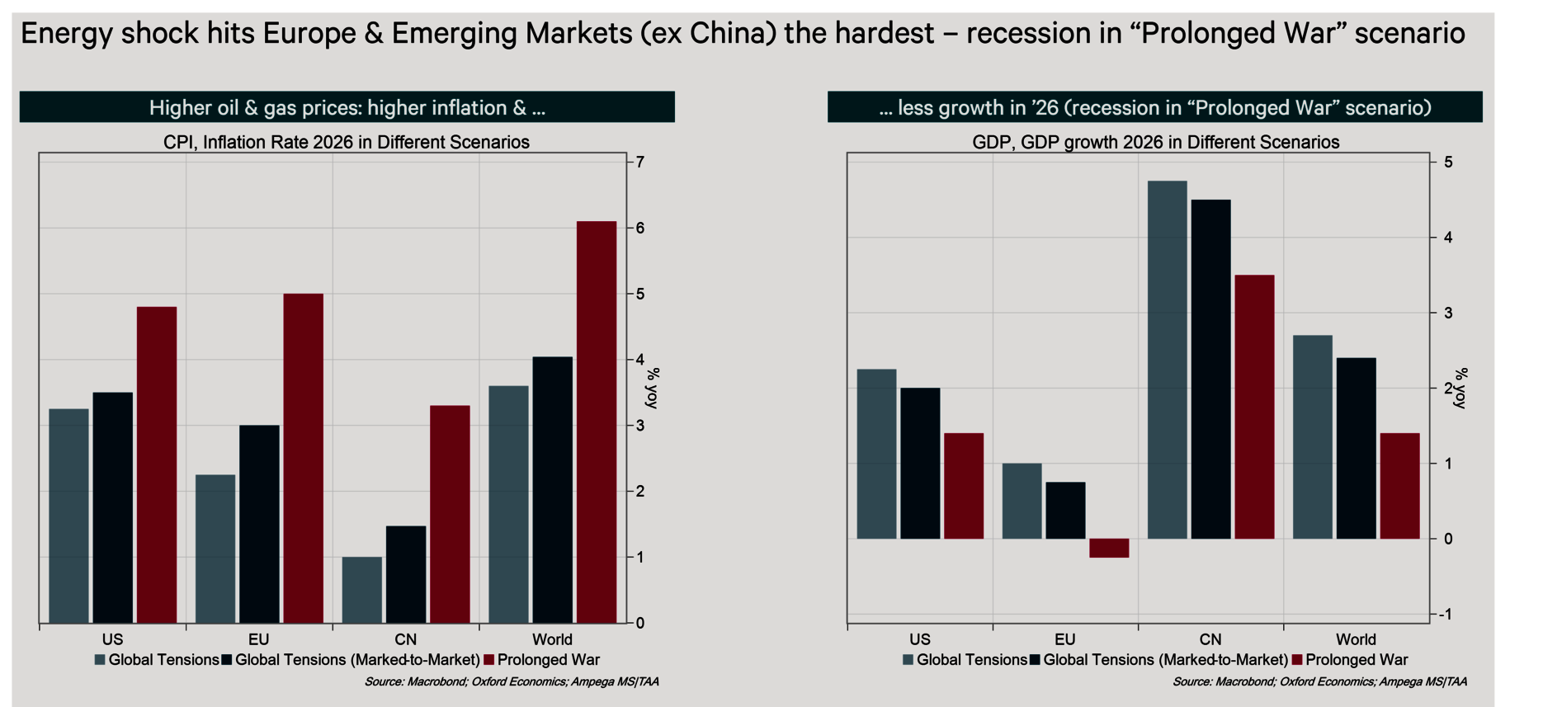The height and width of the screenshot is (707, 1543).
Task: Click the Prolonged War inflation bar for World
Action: click(x=597, y=422)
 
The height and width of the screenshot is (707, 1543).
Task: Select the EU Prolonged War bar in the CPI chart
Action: click(x=303, y=458)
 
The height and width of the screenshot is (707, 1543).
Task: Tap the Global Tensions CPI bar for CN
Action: click(x=362, y=590)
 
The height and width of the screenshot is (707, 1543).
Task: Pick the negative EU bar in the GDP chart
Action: click(x=1109, y=549)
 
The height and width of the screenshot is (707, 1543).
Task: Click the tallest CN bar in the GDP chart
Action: click(x=1167, y=360)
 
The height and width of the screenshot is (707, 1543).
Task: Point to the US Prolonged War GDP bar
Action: click(x=964, y=486)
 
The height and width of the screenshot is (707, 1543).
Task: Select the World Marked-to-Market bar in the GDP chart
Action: click(x=1356, y=448)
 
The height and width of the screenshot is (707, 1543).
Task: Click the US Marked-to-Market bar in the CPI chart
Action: click(x=113, y=507)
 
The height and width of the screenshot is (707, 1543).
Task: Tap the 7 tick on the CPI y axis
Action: click(x=640, y=163)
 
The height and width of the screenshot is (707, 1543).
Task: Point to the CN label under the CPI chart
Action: click(x=405, y=639)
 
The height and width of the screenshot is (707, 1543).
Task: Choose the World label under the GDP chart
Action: click(x=1356, y=639)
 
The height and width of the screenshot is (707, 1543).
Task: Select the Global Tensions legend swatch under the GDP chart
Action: click(x=908, y=660)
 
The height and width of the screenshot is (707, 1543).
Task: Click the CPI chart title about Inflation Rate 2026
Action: click(x=347, y=142)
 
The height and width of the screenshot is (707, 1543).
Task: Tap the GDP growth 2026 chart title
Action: click(x=1155, y=142)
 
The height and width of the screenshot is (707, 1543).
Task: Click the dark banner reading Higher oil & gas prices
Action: click(x=347, y=107)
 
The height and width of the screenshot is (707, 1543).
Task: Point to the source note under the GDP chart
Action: click(x=1319, y=682)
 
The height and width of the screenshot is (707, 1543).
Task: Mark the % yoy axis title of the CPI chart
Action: click(x=653, y=388)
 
